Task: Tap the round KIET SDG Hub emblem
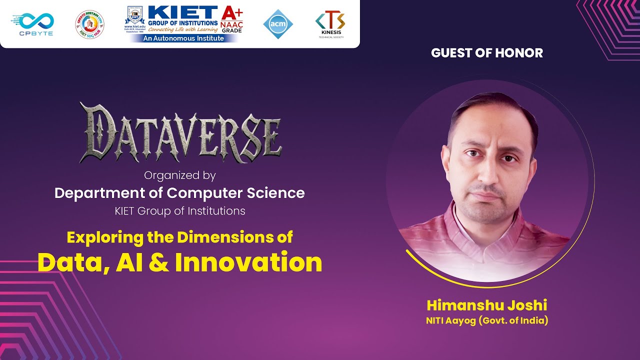pos(89,24)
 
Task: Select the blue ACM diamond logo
pos(278,24)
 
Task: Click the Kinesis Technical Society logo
pos(330,22)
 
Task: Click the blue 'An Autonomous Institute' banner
pos(183,38)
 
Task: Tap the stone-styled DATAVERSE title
pos(180,132)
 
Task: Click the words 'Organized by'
pos(180,175)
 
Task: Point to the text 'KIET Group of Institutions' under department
pos(180,211)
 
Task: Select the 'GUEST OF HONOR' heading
pos(487,53)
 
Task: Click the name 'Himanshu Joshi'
pos(487,305)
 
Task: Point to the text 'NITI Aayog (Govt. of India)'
pos(487,320)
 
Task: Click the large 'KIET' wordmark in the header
pos(183,12)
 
